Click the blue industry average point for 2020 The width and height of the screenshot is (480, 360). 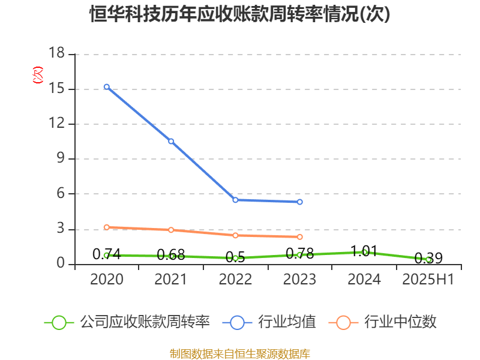[x=106, y=87]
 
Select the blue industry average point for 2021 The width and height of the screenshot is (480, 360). [x=171, y=142]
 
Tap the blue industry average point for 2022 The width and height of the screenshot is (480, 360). [x=235, y=200]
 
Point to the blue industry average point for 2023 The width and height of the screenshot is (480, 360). [x=299, y=202]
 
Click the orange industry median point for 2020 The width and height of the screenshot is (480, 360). [x=106, y=227]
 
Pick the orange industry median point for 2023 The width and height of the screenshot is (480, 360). [x=299, y=237]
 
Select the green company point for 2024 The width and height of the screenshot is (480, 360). [x=364, y=252]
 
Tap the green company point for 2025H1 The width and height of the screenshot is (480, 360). [x=428, y=259]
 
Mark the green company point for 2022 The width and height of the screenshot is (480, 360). [x=235, y=258]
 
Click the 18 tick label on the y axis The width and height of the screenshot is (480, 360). [x=56, y=54]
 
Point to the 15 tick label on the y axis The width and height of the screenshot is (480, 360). [x=56, y=89]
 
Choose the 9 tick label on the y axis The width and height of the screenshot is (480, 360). [x=61, y=159]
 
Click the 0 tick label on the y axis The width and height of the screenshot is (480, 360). [x=61, y=264]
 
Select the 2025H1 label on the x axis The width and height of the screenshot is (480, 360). [x=428, y=280]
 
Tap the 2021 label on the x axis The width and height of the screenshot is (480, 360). [x=171, y=280]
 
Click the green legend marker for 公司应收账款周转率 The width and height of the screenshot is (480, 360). [x=59, y=322]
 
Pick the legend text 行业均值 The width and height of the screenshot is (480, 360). [x=287, y=322]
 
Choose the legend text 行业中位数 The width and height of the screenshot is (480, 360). [x=401, y=322]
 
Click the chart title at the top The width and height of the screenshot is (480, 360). [x=240, y=14]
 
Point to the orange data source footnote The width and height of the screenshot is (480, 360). [x=240, y=353]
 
